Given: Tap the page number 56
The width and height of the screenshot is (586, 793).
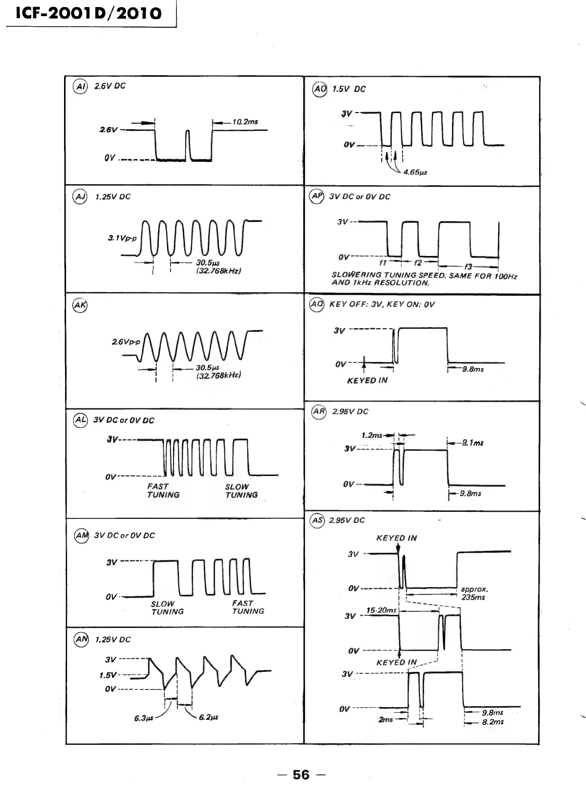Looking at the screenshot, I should pyautogui.click(x=301, y=774).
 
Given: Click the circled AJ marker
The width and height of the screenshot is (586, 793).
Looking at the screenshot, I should pyautogui.click(x=81, y=196).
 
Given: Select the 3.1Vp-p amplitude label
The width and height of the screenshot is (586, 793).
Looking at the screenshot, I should pyautogui.click(x=122, y=237).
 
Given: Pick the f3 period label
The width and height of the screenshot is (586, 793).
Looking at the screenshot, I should pyautogui.click(x=468, y=267).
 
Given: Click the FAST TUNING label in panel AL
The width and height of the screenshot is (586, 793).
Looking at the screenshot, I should pyautogui.click(x=163, y=491).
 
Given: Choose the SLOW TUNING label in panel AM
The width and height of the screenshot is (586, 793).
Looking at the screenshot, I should pyautogui.click(x=167, y=607).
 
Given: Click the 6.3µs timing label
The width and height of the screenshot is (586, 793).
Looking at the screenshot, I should pyautogui.click(x=144, y=718).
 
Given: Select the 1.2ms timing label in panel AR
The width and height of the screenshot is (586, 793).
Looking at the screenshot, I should pyautogui.click(x=372, y=435).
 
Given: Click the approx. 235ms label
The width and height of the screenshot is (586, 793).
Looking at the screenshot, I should pyautogui.click(x=474, y=593).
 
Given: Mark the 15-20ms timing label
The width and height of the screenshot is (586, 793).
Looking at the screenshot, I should pyautogui.click(x=381, y=610).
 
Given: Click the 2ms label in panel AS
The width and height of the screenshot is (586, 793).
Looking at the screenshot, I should pyautogui.click(x=385, y=719).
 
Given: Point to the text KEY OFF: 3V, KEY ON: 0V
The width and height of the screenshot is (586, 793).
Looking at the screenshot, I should pyautogui.click(x=382, y=304).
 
